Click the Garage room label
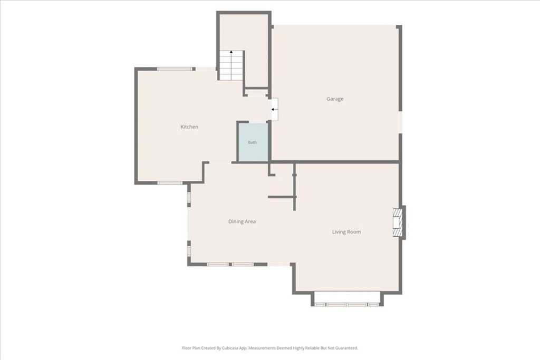coord(335,99)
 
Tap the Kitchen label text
coord(189,127)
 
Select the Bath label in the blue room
coord(253,142)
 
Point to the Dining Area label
coord(242,222)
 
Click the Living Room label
coord(346,232)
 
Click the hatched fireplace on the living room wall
coord(398,222)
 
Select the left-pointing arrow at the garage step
coord(274,110)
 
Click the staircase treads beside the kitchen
coord(232,65)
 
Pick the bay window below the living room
coord(347,304)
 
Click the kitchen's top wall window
coord(175,69)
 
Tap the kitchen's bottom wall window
coord(170,183)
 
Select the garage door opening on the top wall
coord(335,27)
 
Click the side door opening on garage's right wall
coord(400,122)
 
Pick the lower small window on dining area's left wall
coord(189,249)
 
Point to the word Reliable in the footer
coord(313,348)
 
